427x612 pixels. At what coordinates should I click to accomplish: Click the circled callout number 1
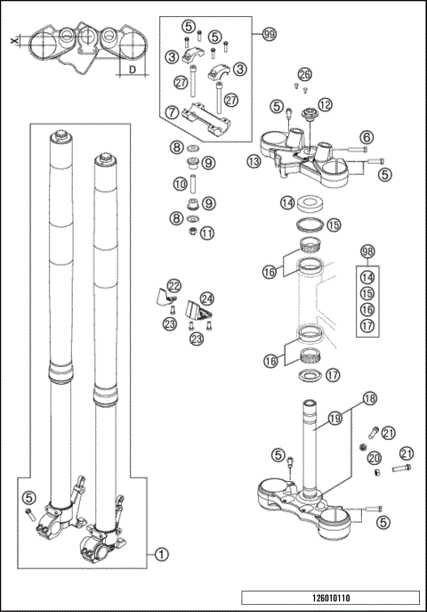coord(161,553)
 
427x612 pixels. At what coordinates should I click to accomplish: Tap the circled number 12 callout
coord(325,106)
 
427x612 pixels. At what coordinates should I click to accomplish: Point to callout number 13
coord(254,161)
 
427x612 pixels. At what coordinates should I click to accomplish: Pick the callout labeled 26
coord(305,74)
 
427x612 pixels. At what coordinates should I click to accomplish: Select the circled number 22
coord(174,286)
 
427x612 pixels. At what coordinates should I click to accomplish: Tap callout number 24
coord(207,298)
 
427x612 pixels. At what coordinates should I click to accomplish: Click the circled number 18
coord(369,399)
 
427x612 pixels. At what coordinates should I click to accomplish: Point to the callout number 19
coord(334,415)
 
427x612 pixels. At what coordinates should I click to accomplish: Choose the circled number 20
coord(375,457)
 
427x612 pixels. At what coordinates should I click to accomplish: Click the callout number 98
coord(368,252)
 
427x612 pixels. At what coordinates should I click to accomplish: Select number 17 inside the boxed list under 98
coord(368,325)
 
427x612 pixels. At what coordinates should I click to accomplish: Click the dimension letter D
coord(131,69)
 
